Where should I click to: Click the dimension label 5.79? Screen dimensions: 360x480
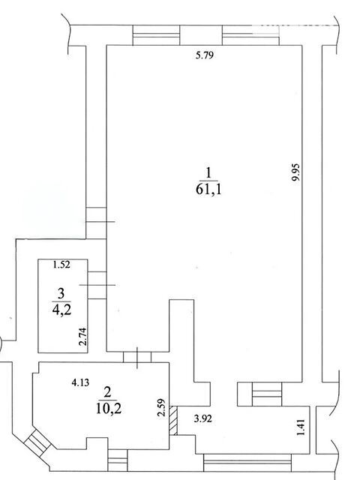(x=204, y=55)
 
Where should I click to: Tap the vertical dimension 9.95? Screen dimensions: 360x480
(x=297, y=172)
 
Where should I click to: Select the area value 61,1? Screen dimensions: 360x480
(x=208, y=190)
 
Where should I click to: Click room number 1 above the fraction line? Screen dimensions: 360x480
(x=208, y=173)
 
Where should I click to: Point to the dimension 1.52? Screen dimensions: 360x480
(x=61, y=265)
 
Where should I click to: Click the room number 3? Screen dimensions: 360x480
(x=61, y=293)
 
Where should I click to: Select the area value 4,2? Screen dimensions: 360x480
(x=61, y=310)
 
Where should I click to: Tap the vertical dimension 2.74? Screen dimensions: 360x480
(x=83, y=337)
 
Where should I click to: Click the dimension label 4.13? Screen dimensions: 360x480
(x=80, y=382)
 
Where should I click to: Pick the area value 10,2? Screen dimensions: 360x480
(x=109, y=409)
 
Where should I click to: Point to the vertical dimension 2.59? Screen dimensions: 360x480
(x=161, y=407)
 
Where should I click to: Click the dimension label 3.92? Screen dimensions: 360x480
(x=203, y=418)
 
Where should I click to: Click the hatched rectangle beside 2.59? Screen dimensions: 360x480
(x=173, y=421)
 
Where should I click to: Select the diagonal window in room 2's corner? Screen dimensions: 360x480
(x=37, y=441)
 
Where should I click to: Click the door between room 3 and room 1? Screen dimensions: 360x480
(x=97, y=285)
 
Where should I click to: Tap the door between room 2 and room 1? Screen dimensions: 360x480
(x=137, y=357)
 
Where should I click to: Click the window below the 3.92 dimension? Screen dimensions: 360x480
(x=247, y=463)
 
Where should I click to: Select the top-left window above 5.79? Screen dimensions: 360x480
(x=156, y=35)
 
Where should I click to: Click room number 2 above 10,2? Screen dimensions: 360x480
(x=107, y=392)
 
